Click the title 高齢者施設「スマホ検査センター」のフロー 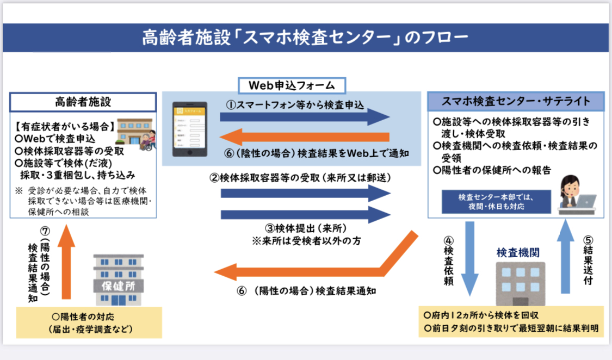[x=305, y=38]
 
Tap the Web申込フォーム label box [x=292, y=85]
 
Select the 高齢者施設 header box [x=83, y=102]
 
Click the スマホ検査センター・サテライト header [x=516, y=101]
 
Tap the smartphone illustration [x=190, y=129]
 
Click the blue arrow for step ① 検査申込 [x=305, y=116]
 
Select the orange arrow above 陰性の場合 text [x=305, y=137]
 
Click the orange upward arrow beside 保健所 [x=66, y=262]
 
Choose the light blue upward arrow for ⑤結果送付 [x=565, y=256]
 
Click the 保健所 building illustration [x=119, y=280]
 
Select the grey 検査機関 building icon [x=520, y=283]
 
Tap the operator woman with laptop [x=575, y=195]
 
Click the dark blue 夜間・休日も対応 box [x=496, y=202]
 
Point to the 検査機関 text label [x=518, y=253]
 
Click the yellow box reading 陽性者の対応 [x=89, y=322]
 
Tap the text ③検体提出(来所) [x=306, y=228]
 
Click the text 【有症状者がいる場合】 [x=65, y=126]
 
